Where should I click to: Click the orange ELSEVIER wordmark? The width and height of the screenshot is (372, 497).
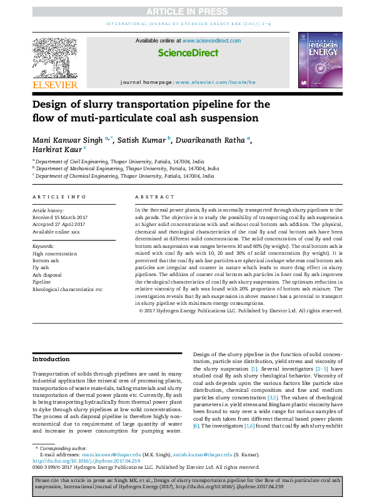click(x=55, y=85)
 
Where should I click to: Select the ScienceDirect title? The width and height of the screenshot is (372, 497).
click(x=188, y=54)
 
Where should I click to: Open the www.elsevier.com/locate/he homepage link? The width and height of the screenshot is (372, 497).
click(x=216, y=83)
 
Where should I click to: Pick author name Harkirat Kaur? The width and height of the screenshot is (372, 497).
click(x=57, y=150)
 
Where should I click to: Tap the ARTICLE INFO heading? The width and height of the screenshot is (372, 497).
click(x=59, y=197)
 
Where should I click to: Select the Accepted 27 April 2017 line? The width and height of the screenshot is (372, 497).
click(x=60, y=224)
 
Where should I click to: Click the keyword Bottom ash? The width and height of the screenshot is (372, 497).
click(x=46, y=260)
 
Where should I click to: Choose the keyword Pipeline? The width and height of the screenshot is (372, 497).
click(x=43, y=282)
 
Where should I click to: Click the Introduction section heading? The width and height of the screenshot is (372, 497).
click(x=51, y=359)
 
